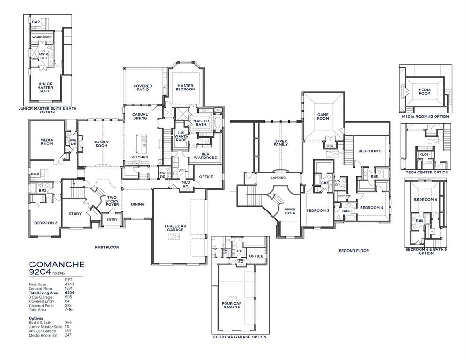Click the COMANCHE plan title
coord(56,264)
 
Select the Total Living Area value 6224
coord(69,292)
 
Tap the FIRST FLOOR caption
coord(106,247)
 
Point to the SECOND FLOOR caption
coord(353,251)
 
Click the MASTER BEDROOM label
coord(186,87)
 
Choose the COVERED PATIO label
coord(143,88)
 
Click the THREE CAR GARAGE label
coord(175,229)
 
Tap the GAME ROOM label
coord(323,116)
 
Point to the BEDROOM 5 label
coord(370,151)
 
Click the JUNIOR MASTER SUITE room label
coord(45,88)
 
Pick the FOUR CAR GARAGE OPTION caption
coord(240,337)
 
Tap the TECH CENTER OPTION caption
coord(427,172)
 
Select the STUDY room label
coord(75,214)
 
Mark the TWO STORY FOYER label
coord(112,201)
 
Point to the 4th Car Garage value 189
coord(68,331)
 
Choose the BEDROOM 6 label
coord(426,200)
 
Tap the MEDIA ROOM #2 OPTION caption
coord(425,116)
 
